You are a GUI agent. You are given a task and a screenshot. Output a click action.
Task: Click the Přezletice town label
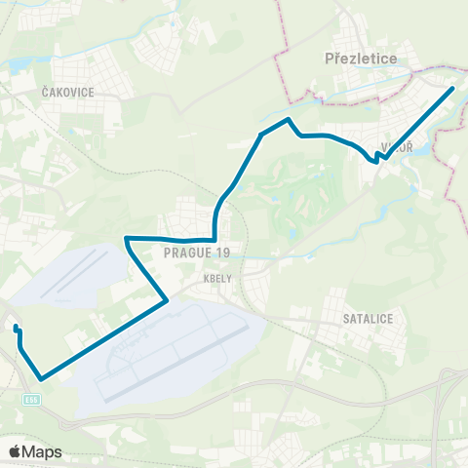360,58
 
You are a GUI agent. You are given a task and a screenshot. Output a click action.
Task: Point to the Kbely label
217,277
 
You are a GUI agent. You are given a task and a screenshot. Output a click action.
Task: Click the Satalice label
367,317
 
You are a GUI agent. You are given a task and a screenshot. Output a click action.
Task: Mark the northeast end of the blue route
453,89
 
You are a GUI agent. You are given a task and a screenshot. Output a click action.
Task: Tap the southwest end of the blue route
16,329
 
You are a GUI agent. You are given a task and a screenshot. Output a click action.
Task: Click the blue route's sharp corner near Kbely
168,300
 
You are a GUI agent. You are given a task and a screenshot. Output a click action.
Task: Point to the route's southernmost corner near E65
41,378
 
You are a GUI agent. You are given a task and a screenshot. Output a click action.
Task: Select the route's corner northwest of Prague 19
127,238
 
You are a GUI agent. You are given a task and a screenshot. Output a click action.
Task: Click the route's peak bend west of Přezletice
288,119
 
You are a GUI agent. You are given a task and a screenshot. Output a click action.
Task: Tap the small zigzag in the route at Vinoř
377,157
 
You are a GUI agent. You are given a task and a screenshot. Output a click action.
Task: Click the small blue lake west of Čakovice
19,65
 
